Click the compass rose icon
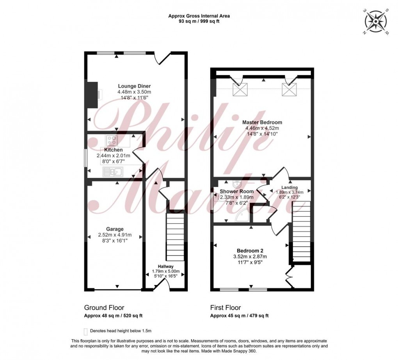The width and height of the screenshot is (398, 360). [376, 21]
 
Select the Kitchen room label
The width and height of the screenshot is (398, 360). [113, 150]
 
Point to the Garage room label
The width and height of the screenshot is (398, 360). [115, 229]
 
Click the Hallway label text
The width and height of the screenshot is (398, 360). [163, 266]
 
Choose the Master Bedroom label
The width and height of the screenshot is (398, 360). [263, 122]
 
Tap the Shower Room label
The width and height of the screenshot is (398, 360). [236, 191]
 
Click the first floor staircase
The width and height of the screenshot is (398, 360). [300, 230]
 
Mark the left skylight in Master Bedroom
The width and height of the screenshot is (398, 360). [239, 89]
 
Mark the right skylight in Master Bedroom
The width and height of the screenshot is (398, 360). [290, 89]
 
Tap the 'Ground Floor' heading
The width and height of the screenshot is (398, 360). [104, 308]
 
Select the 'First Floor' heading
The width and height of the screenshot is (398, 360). [226, 308]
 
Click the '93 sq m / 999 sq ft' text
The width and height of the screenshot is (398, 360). [199, 21]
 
